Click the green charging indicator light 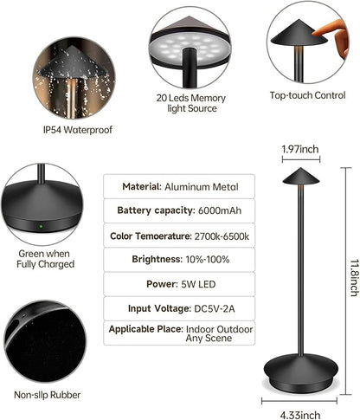tap(41, 226)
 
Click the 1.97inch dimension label tap(300, 149)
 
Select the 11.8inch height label tap(355, 278)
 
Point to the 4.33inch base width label tap(300, 415)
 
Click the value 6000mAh tap(220, 210)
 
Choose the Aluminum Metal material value tap(202, 187)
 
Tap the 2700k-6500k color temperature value tap(222, 236)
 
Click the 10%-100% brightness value tap(208, 260)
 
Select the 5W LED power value tap(198, 284)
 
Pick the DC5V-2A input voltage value tap(215, 308)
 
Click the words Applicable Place tap(146, 329)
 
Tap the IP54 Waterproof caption tap(78, 130)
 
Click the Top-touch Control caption tap(307, 95)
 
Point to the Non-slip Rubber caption tap(48, 395)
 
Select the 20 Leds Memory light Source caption tap(191, 103)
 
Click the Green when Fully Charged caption tap(46, 259)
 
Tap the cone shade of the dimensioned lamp tap(301, 176)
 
